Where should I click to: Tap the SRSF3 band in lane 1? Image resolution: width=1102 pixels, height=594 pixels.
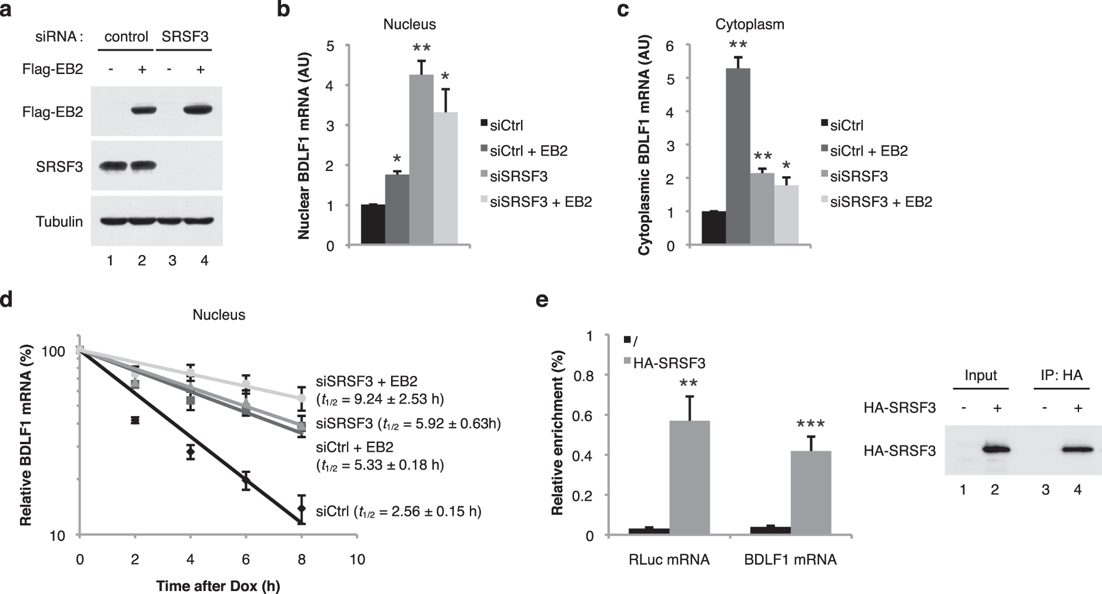pyautogui.click(x=110, y=166)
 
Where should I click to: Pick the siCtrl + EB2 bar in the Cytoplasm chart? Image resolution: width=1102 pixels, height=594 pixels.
pyautogui.click(x=738, y=156)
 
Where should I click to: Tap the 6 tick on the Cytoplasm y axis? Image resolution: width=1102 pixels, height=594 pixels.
pyautogui.click(x=669, y=46)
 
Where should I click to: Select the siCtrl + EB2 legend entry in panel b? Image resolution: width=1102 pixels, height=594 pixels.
pyautogui.click(x=525, y=151)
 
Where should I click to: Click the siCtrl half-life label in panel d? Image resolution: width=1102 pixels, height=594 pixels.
pyautogui.click(x=399, y=512)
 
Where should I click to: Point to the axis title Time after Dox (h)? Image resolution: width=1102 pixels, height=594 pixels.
pyautogui.click(x=218, y=586)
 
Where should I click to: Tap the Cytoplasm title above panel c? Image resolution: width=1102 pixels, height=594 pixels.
pyautogui.click(x=749, y=25)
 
